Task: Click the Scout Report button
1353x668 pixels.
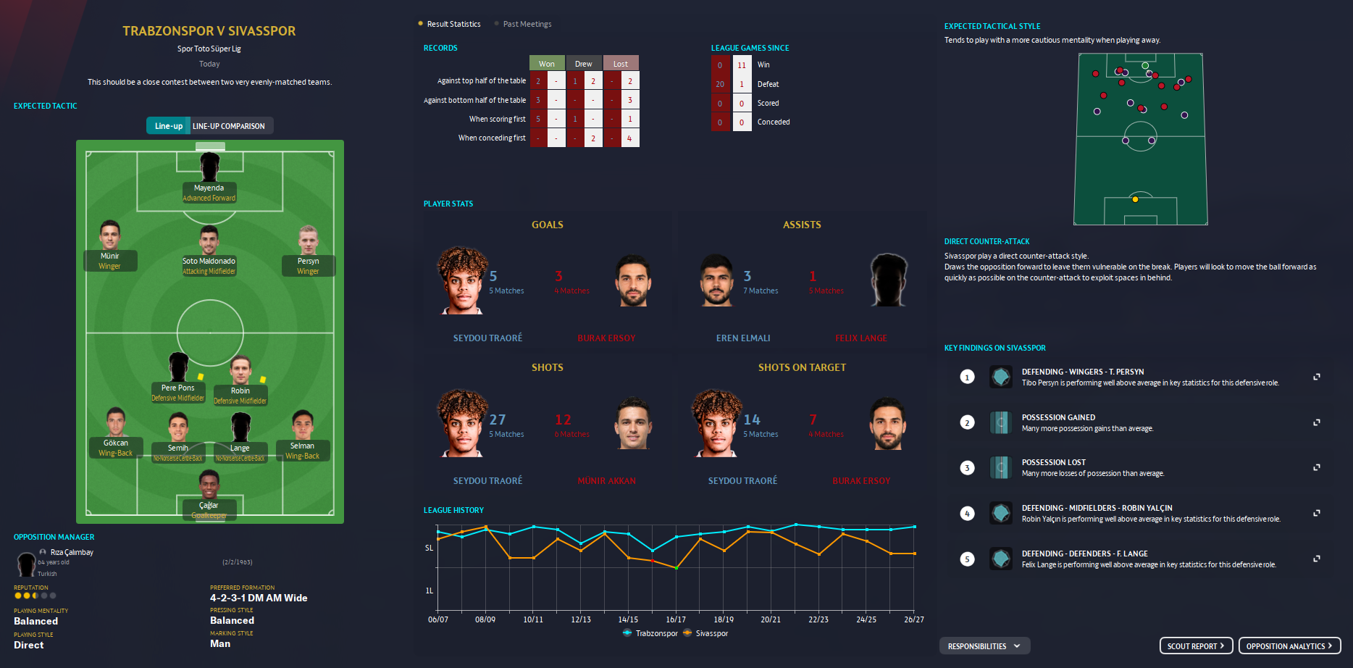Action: pyautogui.click(x=1196, y=646)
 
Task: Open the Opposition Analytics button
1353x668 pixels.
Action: pyautogui.click(x=1289, y=646)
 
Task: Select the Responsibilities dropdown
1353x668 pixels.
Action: pyautogui.click(x=984, y=646)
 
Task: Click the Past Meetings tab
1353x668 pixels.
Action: pyautogui.click(x=527, y=24)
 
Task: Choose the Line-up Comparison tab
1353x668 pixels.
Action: pyautogui.click(x=228, y=126)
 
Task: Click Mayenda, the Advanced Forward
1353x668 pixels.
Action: pyautogui.click(x=209, y=168)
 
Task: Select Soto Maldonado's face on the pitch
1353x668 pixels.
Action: pyautogui.click(x=209, y=241)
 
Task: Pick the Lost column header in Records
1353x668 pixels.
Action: pyautogui.click(x=621, y=64)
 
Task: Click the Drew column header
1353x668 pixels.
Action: pyautogui.click(x=584, y=64)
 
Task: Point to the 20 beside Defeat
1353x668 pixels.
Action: pyautogui.click(x=720, y=84)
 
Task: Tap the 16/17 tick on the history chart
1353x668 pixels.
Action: pyautogui.click(x=676, y=619)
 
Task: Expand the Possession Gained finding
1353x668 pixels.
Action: pyautogui.click(x=1317, y=422)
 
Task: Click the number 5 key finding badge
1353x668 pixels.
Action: pyautogui.click(x=967, y=559)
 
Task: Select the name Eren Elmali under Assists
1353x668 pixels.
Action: pyautogui.click(x=743, y=338)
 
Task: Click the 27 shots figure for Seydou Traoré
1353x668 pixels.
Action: pyautogui.click(x=498, y=419)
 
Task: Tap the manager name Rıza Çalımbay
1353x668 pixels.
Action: pyautogui.click(x=72, y=552)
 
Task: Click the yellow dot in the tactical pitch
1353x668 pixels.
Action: pyautogui.click(x=1135, y=199)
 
